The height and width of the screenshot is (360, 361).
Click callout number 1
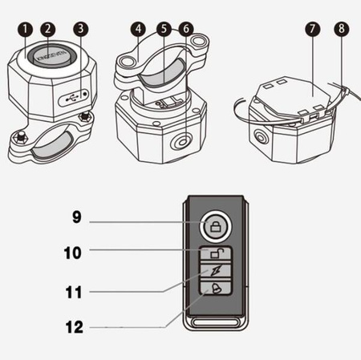(x=26, y=29)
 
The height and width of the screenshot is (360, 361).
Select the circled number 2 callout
(x=48, y=29)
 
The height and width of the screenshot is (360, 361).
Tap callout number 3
(x=80, y=29)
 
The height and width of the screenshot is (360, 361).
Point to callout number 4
(x=138, y=29)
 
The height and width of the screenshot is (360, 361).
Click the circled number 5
(x=164, y=29)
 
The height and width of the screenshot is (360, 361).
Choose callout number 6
(x=186, y=29)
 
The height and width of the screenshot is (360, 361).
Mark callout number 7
(x=313, y=29)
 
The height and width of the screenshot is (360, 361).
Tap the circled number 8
(x=342, y=29)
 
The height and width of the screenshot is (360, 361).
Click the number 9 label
(x=76, y=216)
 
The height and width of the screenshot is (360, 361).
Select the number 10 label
(x=72, y=253)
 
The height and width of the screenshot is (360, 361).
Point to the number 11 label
(x=74, y=292)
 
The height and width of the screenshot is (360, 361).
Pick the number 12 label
(x=75, y=327)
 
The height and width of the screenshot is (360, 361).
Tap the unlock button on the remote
(x=216, y=253)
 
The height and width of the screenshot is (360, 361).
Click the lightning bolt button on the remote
(x=216, y=271)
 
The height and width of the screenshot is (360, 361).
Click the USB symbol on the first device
(x=72, y=99)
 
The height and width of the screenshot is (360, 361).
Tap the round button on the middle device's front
(x=182, y=142)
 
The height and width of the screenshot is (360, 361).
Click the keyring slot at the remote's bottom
(x=216, y=322)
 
